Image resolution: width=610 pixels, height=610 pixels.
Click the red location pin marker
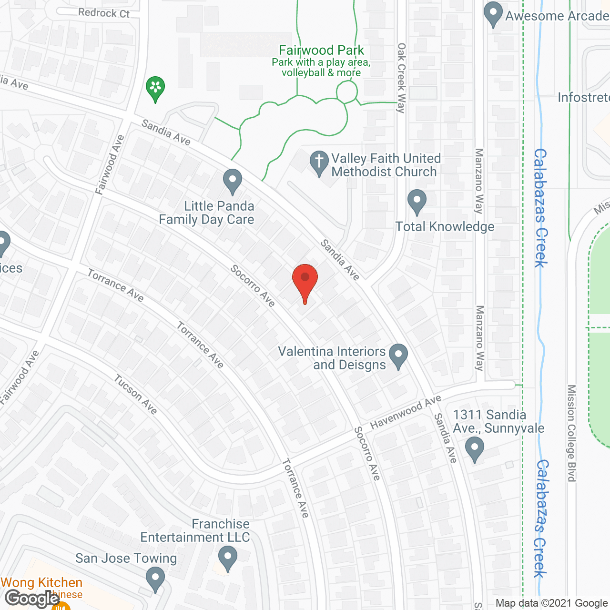pos(305,280)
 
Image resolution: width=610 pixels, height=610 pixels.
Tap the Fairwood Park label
pos(321,50)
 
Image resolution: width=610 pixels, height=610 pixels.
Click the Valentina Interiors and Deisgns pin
pos(398,356)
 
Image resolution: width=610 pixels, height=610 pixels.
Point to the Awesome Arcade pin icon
pos(493,13)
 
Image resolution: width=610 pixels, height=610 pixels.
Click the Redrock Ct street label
pos(104,13)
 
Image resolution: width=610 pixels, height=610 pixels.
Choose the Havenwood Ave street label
pos(406,412)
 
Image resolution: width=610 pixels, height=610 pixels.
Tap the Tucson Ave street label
pos(135,394)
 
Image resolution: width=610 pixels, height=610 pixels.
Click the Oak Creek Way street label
pos(401,78)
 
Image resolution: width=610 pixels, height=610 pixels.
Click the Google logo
pos(32,599)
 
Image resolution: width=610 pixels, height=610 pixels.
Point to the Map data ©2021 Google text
pos(551,603)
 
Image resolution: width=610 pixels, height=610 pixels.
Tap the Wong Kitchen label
pos(42,582)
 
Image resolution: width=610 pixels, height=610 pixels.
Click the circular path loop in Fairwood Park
pos(347,91)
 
